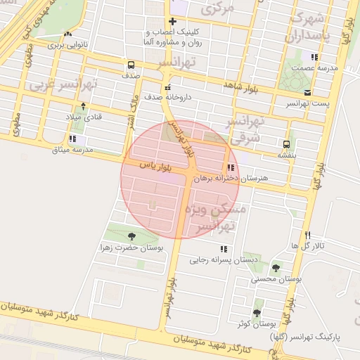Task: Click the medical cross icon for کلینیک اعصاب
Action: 172,22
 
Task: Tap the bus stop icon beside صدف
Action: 131,64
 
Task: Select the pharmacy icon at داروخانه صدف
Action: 167,88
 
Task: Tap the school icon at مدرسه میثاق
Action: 72,139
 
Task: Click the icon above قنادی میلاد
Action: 84,106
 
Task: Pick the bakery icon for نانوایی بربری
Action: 67,34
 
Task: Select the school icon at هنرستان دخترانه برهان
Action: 230,168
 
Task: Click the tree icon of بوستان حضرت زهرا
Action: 131,236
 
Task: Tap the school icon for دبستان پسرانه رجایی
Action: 224,249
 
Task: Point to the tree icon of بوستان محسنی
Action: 275,268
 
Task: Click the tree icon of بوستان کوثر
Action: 257,311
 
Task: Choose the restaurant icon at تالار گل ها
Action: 307,235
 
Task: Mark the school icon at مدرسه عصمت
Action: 314,57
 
